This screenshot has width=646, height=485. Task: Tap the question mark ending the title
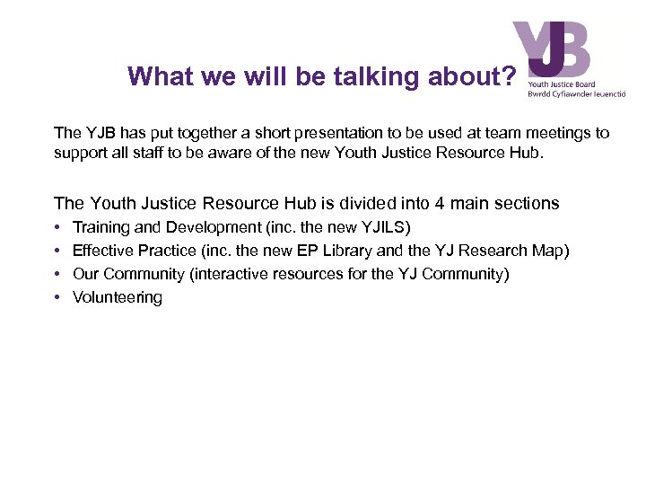pyautogui.click(x=509, y=76)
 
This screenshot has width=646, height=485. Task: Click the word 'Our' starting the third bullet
pyautogui.click(x=85, y=274)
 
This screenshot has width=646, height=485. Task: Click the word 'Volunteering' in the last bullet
pyautogui.click(x=118, y=297)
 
